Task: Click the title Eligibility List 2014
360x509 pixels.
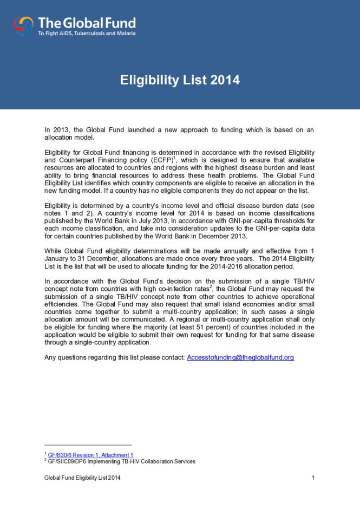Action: (180, 81)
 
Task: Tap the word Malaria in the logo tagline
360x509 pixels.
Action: (126, 34)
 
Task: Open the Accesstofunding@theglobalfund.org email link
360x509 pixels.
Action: (240, 357)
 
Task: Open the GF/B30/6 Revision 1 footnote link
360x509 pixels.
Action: (90, 455)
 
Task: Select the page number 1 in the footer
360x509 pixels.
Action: (313, 478)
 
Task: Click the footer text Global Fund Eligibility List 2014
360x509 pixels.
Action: (82, 478)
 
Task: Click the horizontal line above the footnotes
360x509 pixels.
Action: (88, 445)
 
